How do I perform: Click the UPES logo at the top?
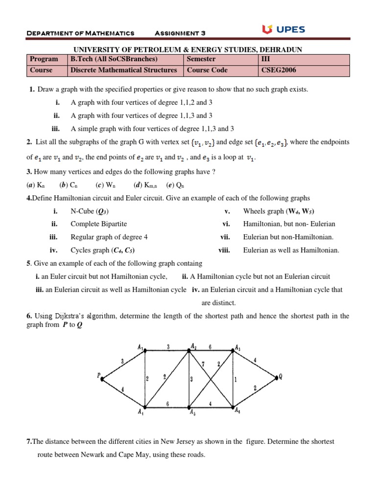pos(283,30)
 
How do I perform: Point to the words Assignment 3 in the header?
pos(180,33)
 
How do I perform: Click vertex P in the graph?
pos(102,378)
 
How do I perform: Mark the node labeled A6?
pos(233,408)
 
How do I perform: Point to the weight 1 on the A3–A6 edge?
pos(236,379)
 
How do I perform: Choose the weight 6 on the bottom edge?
pos(167,404)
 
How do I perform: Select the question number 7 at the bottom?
pos(28,441)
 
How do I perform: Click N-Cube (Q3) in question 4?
pos(90,211)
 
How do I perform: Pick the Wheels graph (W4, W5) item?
pos(278,211)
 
